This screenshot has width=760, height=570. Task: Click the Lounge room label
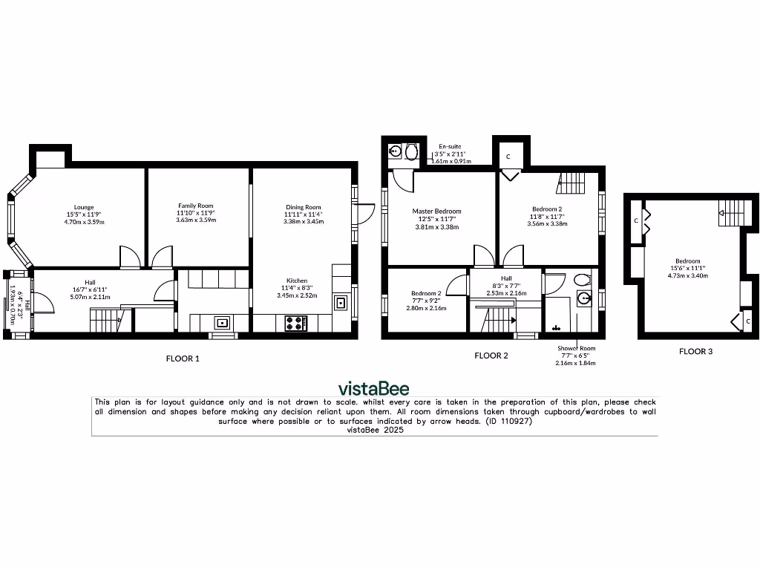83,214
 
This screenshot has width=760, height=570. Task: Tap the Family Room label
195,212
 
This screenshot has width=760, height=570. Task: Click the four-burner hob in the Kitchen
296,324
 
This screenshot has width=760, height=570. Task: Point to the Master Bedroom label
436,219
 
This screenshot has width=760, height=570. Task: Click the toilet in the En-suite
412,151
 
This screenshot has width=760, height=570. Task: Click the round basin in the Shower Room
583,299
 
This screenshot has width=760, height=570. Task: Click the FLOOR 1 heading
183,358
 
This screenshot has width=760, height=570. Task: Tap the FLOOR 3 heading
695,352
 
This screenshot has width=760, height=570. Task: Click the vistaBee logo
373,388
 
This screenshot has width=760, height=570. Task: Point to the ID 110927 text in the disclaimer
508,421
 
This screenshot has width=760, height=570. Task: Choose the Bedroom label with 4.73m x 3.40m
687,268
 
